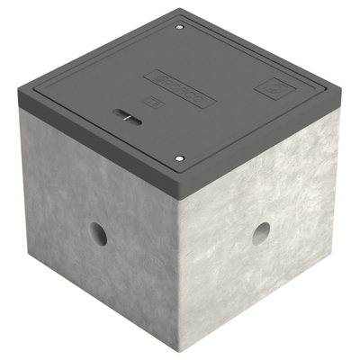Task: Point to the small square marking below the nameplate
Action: point(148,106)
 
